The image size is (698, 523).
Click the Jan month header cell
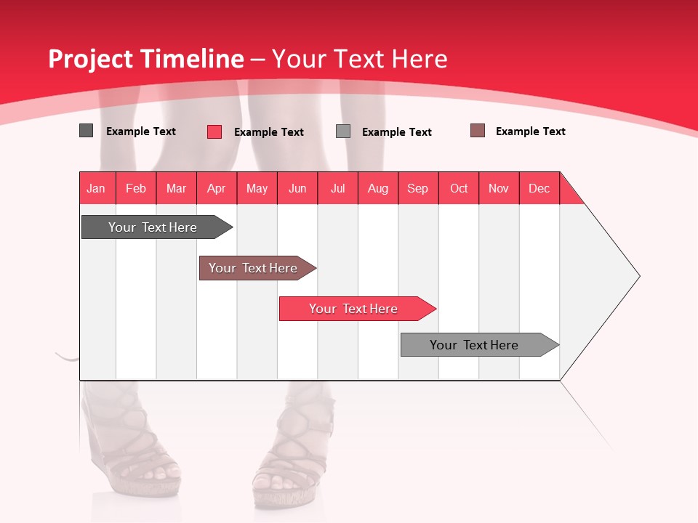click(x=97, y=188)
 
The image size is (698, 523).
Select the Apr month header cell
click(x=217, y=188)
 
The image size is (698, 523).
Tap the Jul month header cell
click(x=337, y=188)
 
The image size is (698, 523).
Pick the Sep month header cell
click(x=418, y=188)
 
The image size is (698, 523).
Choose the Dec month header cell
click(x=539, y=188)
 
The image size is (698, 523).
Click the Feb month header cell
click(x=136, y=188)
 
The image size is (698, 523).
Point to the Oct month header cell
click(x=459, y=188)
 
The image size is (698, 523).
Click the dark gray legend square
click(x=87, y=131)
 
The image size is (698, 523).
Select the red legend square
click(x=214, y=131)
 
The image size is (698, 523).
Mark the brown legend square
click(x=478, y=131)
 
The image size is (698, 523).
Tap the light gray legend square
click(x=343, y=131)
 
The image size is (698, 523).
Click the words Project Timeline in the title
click(x=145, y=59)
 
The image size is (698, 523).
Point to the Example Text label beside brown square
click(x=530, y=131)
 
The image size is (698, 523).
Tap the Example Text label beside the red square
click(x=268, y=132)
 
